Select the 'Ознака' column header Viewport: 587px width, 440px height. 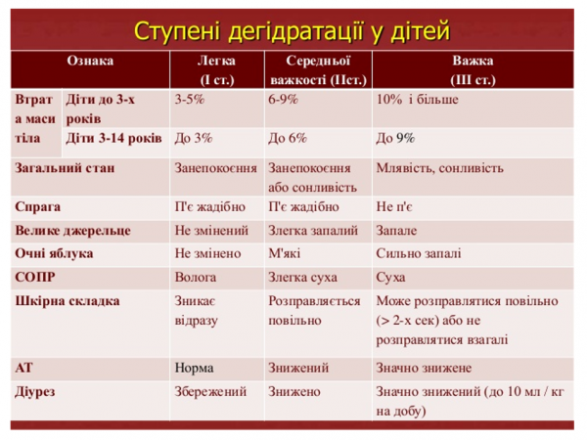pos(89,61)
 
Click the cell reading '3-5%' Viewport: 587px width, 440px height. pos(190,99)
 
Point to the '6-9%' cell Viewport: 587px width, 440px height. pos(284,99)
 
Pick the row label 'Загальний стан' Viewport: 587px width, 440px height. pos(64,167)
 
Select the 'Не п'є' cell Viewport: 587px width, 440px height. pos(394,207)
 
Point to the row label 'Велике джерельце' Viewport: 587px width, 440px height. pos(71,231)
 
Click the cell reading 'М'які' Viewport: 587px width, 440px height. pos(285,252)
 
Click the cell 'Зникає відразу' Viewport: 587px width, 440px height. pos(196,310)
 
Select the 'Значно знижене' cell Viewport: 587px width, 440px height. pos(423,369)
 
